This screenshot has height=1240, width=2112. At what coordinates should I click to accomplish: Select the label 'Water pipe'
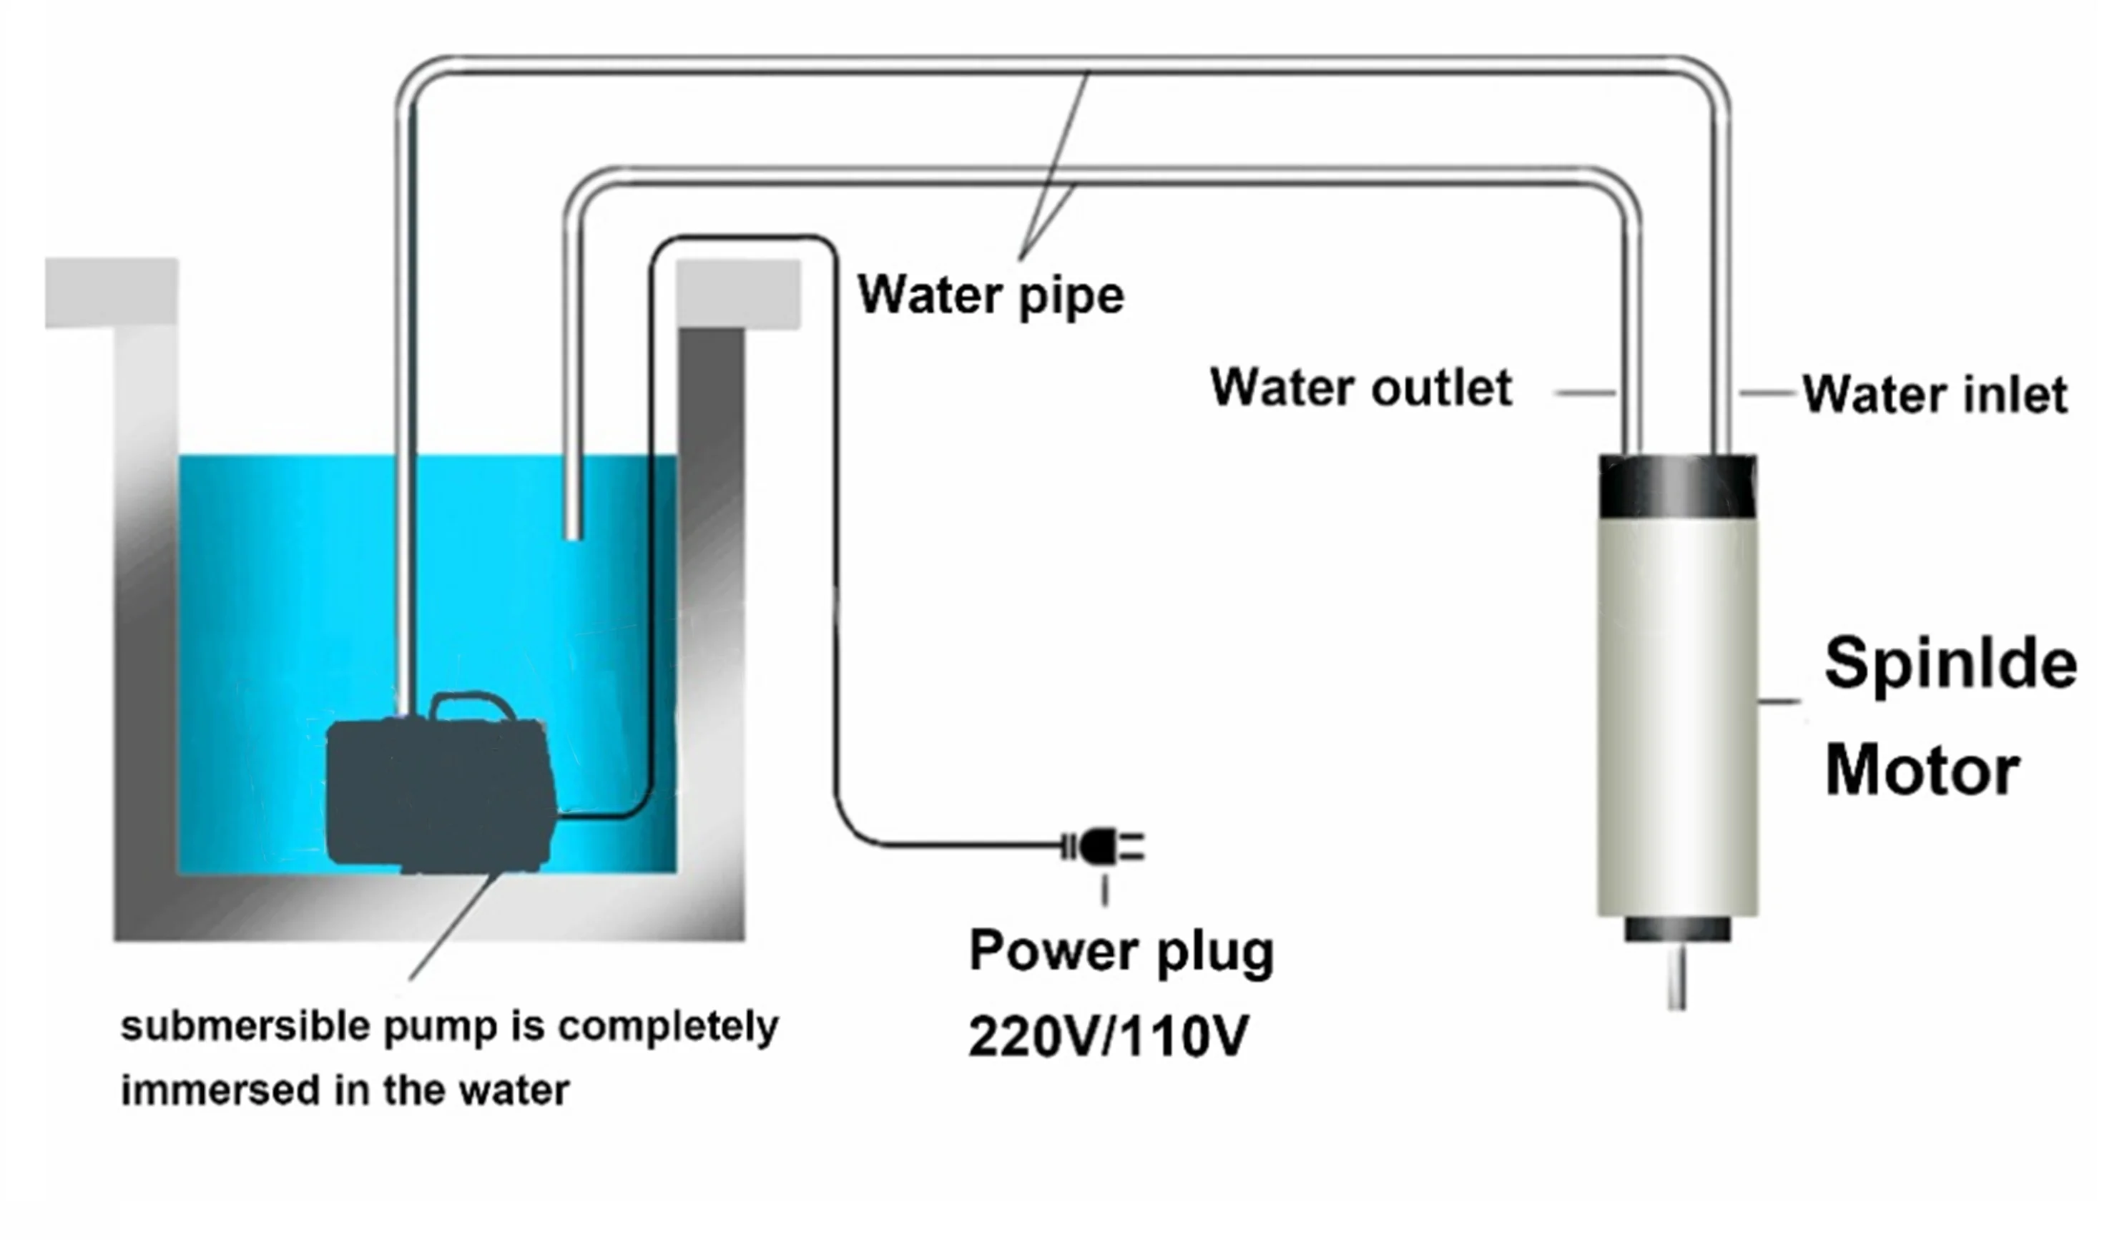tap(990, 296)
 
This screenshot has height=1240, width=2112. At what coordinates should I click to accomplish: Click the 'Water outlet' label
tap(1361, 388)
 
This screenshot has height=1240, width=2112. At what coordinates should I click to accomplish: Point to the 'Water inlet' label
tap(1935, 395)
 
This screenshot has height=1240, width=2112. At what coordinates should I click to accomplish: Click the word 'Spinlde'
tap(1950, 664)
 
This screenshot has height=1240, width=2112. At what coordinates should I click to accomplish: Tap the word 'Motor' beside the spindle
tap(1922, 771)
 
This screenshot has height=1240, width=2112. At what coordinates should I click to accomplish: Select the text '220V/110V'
tap(1108, 1036)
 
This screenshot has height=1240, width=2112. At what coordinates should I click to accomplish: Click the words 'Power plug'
tap(1121, 951)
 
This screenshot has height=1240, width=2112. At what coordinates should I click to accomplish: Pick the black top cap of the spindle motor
tap(1677, 487)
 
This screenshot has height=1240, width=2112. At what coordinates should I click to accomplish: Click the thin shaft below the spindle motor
tap(1677, 976)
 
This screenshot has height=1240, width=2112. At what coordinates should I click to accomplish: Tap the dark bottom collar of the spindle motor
tap(1677, 928)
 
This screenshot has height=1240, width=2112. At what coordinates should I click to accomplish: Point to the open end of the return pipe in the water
tap(574, 533)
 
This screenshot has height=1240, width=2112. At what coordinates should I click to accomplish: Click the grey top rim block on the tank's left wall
tap(112, 292)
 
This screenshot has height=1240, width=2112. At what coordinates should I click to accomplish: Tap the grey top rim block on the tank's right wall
tap(737, 294)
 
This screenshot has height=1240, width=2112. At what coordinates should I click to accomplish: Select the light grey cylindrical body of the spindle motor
tap(1677, 712)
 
